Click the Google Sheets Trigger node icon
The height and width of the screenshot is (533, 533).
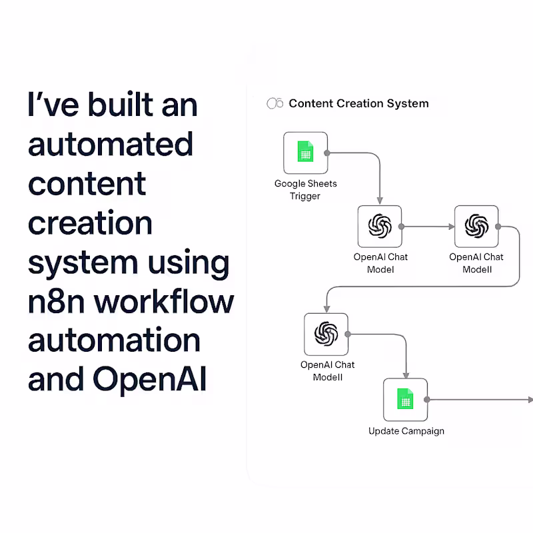point(305,153)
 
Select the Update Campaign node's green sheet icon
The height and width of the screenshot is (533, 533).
point(405,400)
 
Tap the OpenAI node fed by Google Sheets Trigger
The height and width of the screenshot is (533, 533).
point(380,227)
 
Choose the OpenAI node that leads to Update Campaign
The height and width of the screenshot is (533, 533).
point(326,334)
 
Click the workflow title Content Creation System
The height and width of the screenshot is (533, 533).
point(358,103)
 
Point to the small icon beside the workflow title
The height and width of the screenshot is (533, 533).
point(274,103)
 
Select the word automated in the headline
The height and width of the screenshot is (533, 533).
point(111,144)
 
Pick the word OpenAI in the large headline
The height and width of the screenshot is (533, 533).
point(150,380)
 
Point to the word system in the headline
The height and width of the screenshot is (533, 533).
point(83,263)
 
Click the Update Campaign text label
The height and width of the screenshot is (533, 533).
point(406,431)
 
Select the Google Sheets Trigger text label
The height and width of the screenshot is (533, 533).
point(305,190)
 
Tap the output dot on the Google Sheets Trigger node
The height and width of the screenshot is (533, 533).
point(327,153)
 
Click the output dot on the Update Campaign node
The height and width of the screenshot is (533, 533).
point(428,400)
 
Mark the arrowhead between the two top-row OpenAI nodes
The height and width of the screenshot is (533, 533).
point(451,227)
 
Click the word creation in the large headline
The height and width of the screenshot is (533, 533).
point(90,223)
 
